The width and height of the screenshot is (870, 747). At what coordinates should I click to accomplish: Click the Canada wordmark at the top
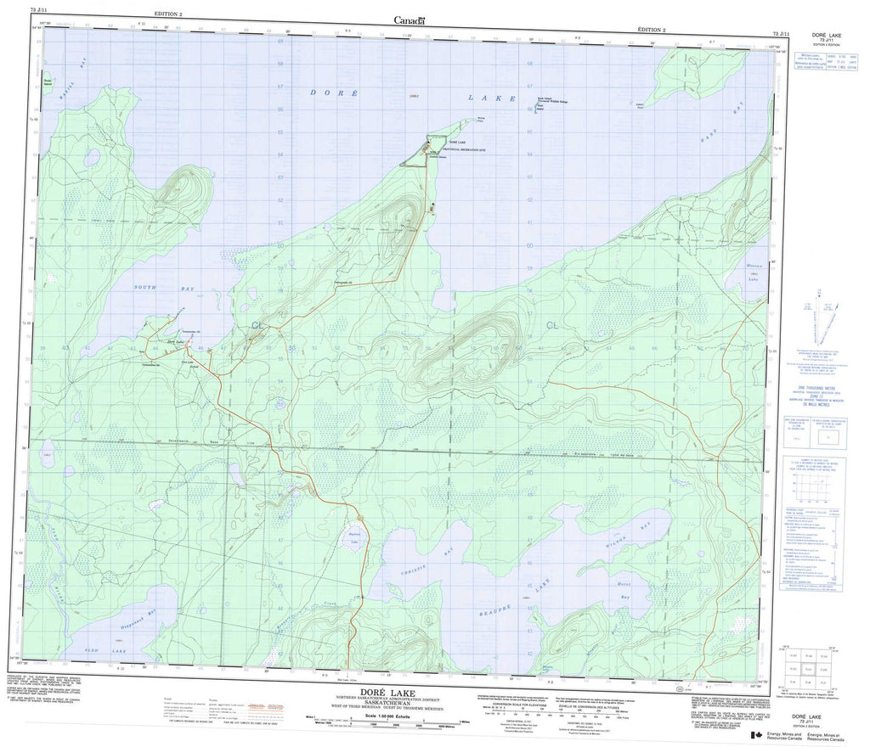(x=410, y=20)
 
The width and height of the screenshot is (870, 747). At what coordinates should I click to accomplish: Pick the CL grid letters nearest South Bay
(x=256, y=325)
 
